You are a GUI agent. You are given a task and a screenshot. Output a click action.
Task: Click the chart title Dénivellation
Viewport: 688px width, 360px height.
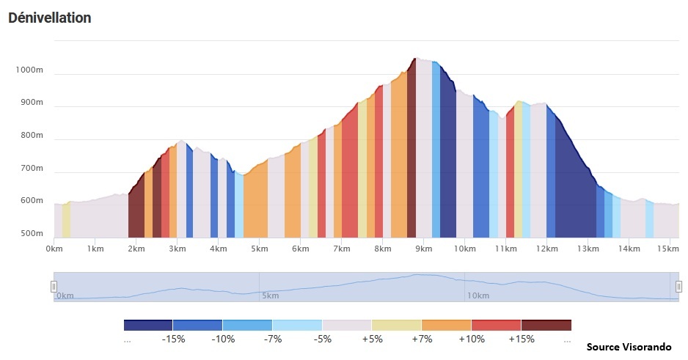[49, 18]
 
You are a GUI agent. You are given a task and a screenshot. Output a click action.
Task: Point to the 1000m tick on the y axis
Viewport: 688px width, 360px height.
[29, 70]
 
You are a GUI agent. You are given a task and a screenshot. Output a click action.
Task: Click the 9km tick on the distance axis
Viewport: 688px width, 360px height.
[423, 249]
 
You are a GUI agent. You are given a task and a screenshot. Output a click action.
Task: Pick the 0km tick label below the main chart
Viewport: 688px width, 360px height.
[54, 249]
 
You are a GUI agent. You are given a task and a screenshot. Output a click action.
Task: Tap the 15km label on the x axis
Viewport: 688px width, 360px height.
[668, 249]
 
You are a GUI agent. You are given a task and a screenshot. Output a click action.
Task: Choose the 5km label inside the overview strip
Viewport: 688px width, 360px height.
[270, 295]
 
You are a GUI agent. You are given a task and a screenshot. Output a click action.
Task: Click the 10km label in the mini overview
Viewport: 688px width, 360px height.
[477, 295]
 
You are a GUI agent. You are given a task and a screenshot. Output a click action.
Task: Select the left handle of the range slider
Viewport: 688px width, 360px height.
[54, 286]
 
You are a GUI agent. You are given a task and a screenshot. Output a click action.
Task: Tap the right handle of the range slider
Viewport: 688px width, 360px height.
[678, 286]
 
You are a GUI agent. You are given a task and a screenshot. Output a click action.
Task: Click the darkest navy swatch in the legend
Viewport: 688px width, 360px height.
[147, 325]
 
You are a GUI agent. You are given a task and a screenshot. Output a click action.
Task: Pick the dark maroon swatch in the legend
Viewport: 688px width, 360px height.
[546, 325]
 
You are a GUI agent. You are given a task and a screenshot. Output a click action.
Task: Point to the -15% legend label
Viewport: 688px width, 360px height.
[172, 339]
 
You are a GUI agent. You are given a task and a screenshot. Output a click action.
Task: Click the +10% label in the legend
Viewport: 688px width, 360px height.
[471, 339]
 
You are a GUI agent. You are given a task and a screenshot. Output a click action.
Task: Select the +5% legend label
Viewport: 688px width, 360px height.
[372, 339]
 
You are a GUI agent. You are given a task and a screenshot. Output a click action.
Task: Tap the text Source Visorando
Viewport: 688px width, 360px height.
[629, 346]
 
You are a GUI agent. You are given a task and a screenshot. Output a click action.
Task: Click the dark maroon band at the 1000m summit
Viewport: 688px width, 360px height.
[411, 147]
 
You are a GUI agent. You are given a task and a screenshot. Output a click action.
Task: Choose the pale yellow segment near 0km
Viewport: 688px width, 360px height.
[66, 220]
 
